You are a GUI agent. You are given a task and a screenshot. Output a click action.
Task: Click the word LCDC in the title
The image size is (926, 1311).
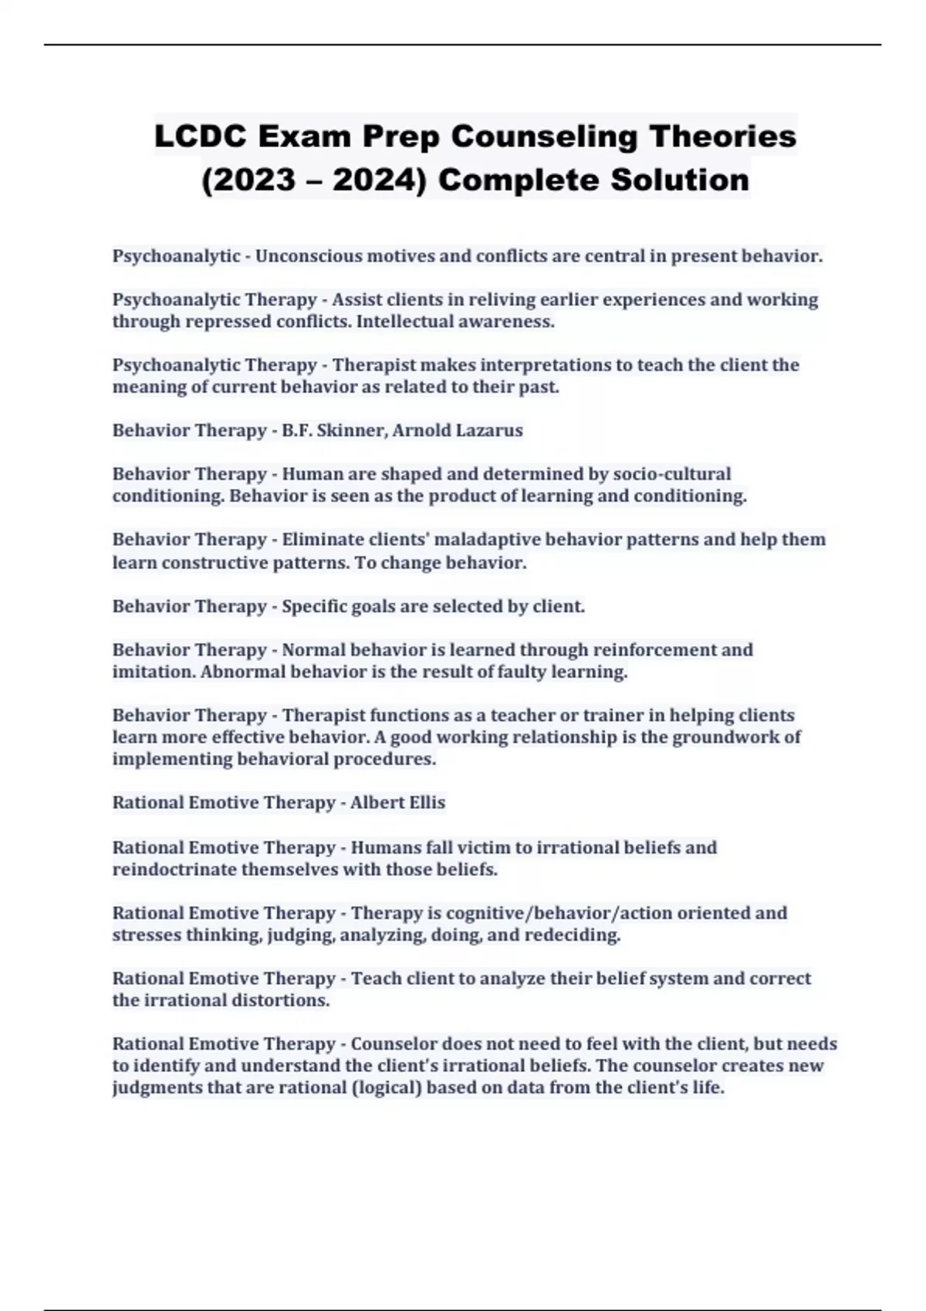click(x=200, y=136)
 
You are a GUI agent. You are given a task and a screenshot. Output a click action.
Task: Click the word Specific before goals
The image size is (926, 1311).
click(x=313, y=606)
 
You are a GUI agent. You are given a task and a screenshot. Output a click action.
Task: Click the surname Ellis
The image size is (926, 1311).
click(x=424, y=803)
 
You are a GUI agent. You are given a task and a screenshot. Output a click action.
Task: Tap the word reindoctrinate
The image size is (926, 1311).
click(x=174, y=870)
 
